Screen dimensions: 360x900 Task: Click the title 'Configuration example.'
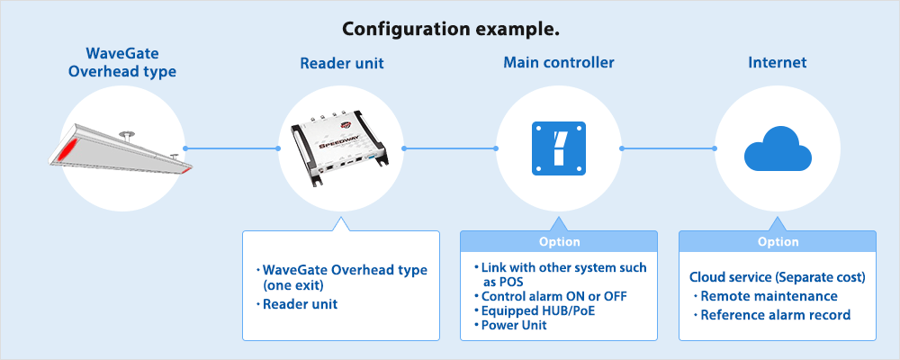pyautogui.click(x=450, y=29)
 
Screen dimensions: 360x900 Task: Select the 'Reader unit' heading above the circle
pyautogui.click(x=340, y=64)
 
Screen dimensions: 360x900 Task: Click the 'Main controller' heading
pyautogui.click(x=558, y=64)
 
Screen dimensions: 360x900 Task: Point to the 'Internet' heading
pyautogui.click(x=777, y=64)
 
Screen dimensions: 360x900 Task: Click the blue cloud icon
pyautogui.click(x=777, y=148)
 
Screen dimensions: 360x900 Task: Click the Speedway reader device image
pyautogui.click(x=340, y=148)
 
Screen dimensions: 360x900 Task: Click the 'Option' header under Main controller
pyautogui.click(x=559, y=241)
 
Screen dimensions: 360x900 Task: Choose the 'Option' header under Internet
pyautogui.click(x=777, y=241)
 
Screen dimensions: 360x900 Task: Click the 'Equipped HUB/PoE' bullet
pyautogui.click(x=538, y=310)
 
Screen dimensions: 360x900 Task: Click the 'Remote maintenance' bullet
pyautogui.click(x=769, y=296)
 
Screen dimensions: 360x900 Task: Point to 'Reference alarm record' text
pyautogui.click(x=775, y=315)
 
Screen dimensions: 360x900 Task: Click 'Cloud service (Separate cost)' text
pyautogui.click(x=777, y=277)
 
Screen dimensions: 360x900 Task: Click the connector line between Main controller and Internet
pyautogui.click(x=668, y=148)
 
